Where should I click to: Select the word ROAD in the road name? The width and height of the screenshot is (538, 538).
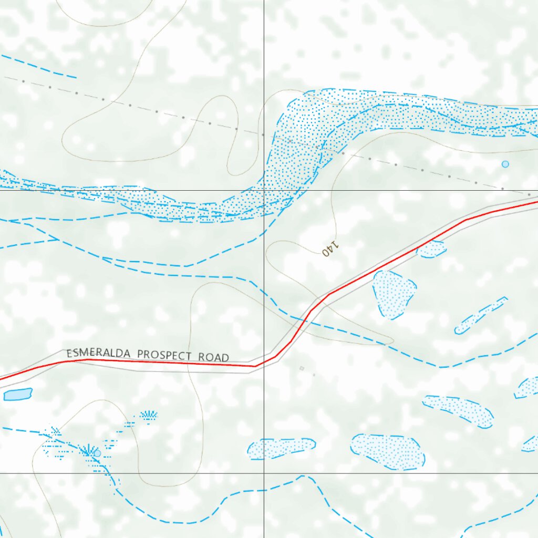214,357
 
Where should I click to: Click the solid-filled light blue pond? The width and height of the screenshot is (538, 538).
18,394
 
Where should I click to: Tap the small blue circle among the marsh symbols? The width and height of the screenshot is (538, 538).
97,453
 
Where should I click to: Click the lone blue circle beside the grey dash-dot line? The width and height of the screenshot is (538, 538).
505,164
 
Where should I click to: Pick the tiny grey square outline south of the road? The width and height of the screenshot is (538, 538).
302,368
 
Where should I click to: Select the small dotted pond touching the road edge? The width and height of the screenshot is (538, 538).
432,249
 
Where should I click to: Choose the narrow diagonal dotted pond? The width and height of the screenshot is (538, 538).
480,315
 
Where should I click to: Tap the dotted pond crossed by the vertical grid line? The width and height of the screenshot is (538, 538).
281,448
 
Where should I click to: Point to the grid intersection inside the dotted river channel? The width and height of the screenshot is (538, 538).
264,190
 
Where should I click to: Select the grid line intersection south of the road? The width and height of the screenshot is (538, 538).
264,473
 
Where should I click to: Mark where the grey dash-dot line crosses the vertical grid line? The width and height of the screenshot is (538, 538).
264,135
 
